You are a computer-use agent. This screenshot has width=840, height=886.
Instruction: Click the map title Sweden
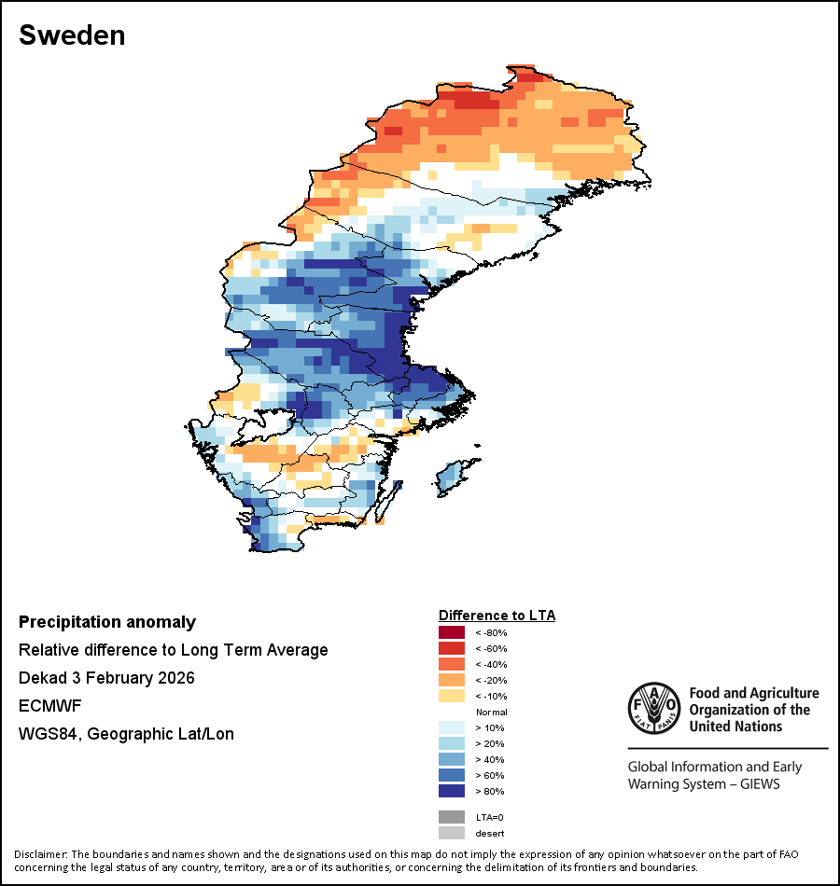pos(72,35)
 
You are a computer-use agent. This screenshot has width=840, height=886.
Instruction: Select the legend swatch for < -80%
pos(452,632)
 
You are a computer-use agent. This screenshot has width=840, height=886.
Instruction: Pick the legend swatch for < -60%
pos(452,648)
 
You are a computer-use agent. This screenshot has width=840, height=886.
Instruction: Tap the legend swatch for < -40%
pos(452,664)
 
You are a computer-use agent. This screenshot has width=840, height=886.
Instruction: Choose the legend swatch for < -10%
pos(452,696)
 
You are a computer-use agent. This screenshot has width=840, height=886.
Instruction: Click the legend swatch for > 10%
pos(452,727)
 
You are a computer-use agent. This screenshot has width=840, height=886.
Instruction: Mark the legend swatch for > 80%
pos(452,791)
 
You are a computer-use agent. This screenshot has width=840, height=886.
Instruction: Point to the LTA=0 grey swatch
pos(452,817)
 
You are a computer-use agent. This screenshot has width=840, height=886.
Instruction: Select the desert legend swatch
pos(452,833)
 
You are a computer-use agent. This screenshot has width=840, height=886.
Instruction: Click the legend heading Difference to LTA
pos(497,616)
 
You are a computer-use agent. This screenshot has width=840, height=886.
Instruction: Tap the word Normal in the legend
pos(491,712)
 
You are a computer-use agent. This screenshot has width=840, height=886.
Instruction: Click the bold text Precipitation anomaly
pos(107,622)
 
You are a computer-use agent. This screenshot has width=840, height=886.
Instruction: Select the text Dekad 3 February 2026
pos(106,678)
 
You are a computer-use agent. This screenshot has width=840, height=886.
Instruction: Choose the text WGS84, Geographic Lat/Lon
pos(126,734)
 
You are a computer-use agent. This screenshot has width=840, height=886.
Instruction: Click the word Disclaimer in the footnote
pos(40,854)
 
